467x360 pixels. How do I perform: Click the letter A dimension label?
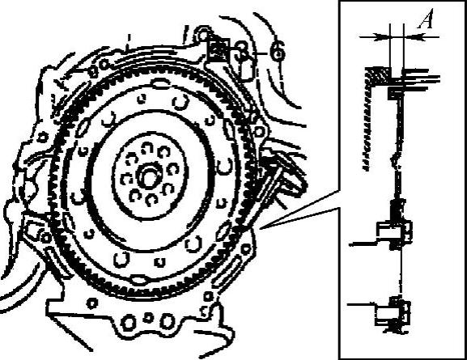tap(426, 19)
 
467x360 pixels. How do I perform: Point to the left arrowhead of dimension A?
tap(383, 37)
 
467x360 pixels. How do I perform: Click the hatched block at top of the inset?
tap(379, 75)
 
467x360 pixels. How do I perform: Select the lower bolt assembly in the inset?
tap(394, 313)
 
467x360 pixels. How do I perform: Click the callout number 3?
tap(242, 52)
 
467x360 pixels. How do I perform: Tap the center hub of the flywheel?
tap(148, 176)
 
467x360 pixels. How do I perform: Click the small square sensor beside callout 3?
tap(219, 51)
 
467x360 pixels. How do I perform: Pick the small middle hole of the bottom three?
tap(148, 318)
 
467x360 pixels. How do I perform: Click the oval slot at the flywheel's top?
tap(160, 83)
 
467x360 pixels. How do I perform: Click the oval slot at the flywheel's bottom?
tap(139, 280)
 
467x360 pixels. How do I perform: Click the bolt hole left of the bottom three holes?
tap(92, 303)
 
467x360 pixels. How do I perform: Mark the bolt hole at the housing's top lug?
tap(202, 35)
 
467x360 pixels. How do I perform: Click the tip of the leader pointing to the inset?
tap(260, 229)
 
